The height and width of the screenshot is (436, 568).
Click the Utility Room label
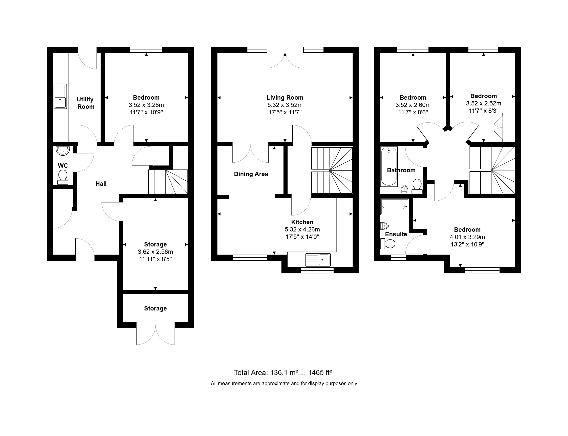(x=85, y=103)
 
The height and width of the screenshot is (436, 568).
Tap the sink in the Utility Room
(x=60, y=96)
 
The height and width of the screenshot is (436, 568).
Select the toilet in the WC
(x=62, y=177)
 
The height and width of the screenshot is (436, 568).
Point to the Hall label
(x=101, y=184)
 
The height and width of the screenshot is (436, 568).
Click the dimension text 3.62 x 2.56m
(x=155, y=252)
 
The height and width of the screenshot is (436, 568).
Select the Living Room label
(x=285, y=98)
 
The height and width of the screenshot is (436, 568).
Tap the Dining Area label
(x=251, y=174)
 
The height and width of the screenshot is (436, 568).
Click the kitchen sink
(x=318, y=260)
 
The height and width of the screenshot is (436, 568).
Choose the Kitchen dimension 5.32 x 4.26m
(x=302, y=229)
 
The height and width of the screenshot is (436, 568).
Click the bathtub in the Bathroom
(x=389, y=167)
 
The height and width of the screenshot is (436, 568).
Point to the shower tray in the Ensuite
(x=395, y=207)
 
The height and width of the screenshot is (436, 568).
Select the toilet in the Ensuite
(x=388, y=244)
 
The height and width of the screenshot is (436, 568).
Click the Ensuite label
(x=396, y=234)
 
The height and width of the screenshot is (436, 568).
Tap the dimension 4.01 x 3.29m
(x=467, y=237)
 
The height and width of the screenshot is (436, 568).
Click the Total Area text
(x=283, y=373)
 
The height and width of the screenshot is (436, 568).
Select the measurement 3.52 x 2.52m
(x=484, y=103)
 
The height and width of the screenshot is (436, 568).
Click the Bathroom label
(x=401, y=170)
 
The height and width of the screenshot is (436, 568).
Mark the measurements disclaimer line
(x=284, y=384)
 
